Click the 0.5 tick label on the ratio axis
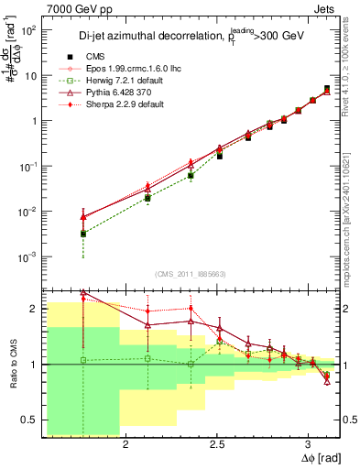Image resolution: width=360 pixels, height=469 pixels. (x=29, y=420)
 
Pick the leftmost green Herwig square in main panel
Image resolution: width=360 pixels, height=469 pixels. (x=83, y=234)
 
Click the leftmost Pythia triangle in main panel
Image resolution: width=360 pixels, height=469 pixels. (x=83, y=216)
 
